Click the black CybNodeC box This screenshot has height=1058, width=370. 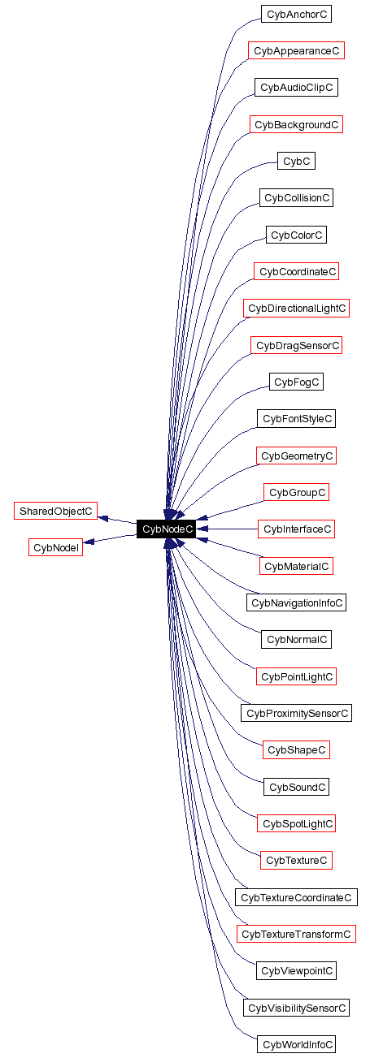coord(166,529)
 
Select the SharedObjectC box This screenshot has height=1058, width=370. coord(55,511)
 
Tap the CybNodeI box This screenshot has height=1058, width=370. coord(56,547)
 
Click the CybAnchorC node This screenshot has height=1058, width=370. coord(296,14)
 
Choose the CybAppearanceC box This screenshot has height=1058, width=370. coord(296,50)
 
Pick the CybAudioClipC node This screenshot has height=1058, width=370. coord(296,88)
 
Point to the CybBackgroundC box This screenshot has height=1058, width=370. coord(296,124)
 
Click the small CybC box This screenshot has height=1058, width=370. coord(296,161)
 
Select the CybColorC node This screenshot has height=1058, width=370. coord(296,235)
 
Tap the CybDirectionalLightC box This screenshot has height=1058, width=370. coord(296,308)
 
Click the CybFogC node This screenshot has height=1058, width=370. coord(296,382)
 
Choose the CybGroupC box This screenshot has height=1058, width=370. coord(296,492)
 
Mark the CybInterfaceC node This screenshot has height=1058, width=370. coord(296,529)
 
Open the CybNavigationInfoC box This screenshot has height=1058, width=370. coord(296,602)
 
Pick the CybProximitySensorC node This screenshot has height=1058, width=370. coord(296,713)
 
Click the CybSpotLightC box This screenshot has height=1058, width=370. coord(296,823)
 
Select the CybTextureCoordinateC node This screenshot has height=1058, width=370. coord(296,897)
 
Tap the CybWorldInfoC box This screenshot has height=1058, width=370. coord(296,1044)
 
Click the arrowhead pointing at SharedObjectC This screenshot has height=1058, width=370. coord(103,517)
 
